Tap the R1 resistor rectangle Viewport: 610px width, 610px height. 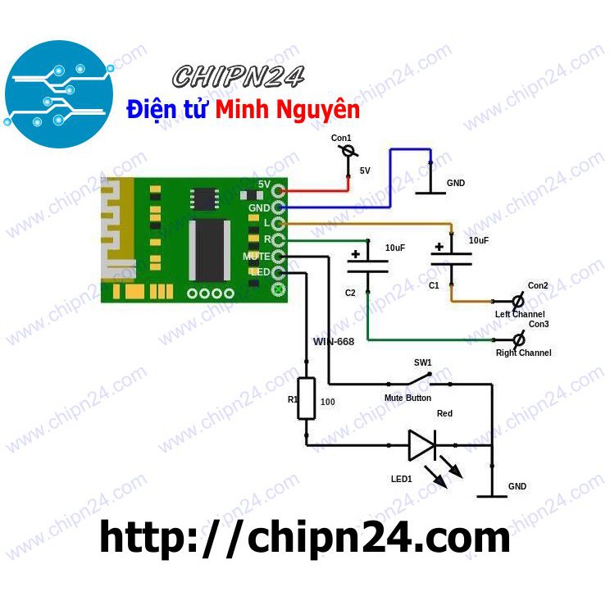pos(306,398)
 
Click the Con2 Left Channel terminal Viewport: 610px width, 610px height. pos(517,300)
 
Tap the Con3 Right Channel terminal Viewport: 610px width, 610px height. pos(517,338)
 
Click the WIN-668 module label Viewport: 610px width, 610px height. pos(333,341)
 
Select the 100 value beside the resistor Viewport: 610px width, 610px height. pos(328,403)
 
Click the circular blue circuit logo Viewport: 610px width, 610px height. pos(58,92)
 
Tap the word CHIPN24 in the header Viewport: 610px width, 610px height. pos(239,77)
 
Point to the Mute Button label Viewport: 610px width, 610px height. pos(407,398)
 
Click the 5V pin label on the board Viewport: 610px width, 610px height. pos(264,184)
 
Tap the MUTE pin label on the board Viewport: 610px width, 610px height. pos(257,257)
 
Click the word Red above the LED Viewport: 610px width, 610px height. pos(444,414)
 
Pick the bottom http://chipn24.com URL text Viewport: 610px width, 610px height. pos(305,538)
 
